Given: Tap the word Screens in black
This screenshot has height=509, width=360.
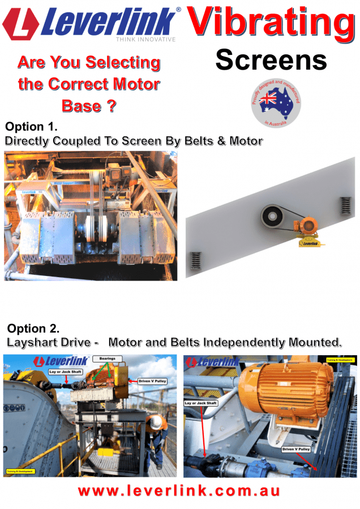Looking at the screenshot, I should coord(271,59).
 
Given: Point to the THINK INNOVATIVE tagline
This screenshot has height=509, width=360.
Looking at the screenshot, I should coord(145,40).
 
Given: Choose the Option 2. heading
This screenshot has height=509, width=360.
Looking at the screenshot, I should coord(33,328).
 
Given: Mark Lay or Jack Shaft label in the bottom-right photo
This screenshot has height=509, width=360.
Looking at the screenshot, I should coord(201,403).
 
